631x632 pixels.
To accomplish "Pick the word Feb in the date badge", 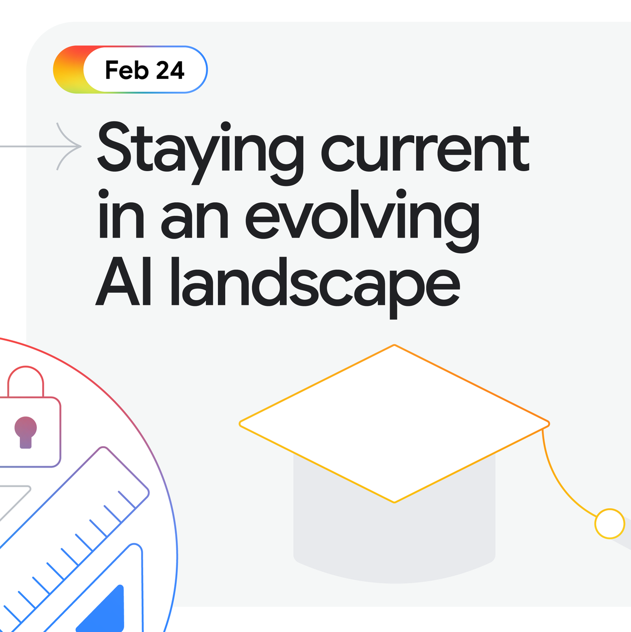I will click(127, 70).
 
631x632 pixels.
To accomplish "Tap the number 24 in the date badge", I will click(170, 70).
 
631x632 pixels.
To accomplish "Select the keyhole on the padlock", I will click(25, 430).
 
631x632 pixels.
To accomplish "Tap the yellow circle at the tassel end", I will click(609, 524).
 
